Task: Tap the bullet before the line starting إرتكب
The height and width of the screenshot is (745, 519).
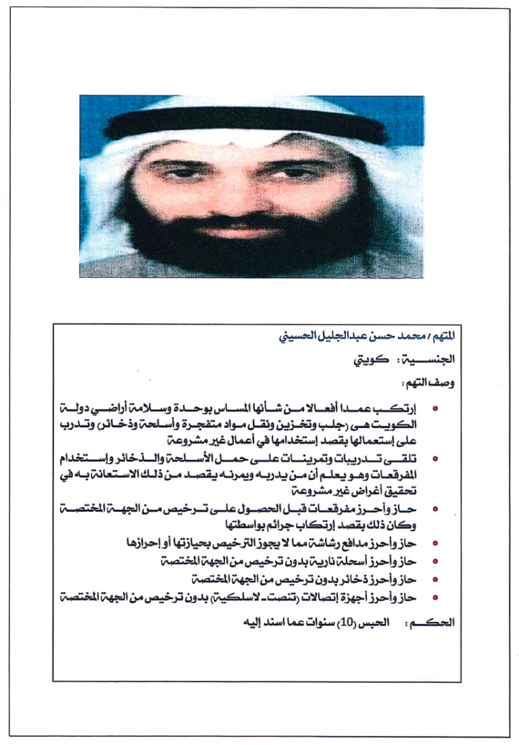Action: [x=435, y=410]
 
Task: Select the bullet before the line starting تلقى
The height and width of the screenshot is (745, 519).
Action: [x=435, y=459]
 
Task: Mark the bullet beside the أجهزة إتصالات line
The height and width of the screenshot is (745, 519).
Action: [x=435, y=597]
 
